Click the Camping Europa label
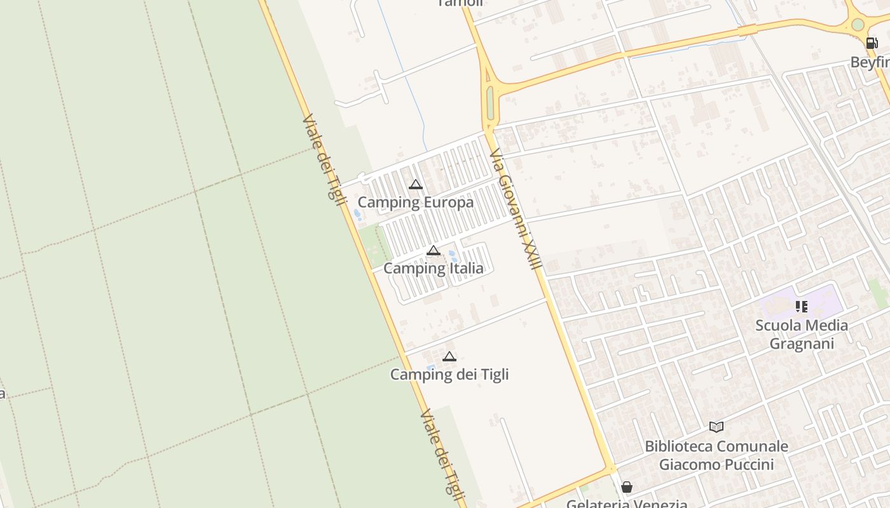tap(415, 203)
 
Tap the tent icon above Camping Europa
tap(416, 185)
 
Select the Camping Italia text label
tap(433, 268)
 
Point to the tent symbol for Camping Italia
tap(434, 250)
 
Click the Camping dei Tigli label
tap(449, 374)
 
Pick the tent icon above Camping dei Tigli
tap(449, 356)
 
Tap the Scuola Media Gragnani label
tap(801, 334)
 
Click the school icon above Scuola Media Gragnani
tap(802, 307)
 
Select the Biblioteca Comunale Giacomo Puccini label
tap(716, 455)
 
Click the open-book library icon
tap(716, 427)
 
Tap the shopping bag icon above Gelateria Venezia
tap(627, 487)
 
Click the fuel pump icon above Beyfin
tap(872, 43)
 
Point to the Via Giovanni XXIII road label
tap(516, 209)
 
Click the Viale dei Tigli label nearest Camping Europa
tap(324, 156)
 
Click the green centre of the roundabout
tap(858, 25)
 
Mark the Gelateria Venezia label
tap(627, 504)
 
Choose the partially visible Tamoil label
tap(460, 3)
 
